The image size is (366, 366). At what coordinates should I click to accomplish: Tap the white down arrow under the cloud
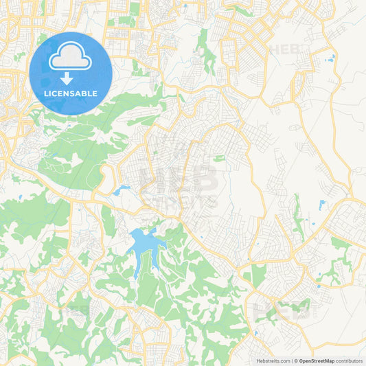pyautogui.click(x=70, y=78)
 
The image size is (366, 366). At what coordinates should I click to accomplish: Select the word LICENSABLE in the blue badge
pyautogui.click(x=70, y=93)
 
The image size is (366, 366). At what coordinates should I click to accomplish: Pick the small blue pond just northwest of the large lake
pyautogui.click(x=122, y=190)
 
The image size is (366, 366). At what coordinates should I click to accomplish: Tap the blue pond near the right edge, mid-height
pyautogui.click(x=321, y=205)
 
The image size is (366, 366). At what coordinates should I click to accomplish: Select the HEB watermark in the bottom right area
pyautogui.click(x=281, y=310)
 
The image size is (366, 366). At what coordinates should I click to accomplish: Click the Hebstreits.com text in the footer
pyautogui.click(x=271, y=360)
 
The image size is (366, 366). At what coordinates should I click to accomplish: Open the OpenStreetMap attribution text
pyautogui.click(x=314, y=360)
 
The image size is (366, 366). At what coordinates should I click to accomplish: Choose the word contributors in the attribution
pyautogui.click(x=349, y=360)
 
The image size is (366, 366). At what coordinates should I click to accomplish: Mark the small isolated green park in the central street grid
pyautogui.click(x=219, y=158)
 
